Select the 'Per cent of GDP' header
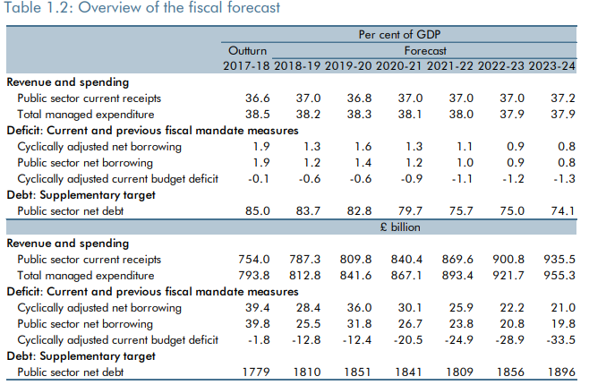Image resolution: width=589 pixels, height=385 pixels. click(x=401, y=35)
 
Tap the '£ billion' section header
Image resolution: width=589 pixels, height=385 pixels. click(x=400, y=227)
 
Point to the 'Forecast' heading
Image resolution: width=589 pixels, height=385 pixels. click(x=425, y=51)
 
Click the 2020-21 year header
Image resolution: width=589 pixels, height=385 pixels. click(x=399, y=66)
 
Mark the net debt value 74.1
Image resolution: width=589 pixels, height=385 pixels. click(x=560, y=211)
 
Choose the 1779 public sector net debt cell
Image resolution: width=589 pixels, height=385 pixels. click(x=256, y=372)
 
